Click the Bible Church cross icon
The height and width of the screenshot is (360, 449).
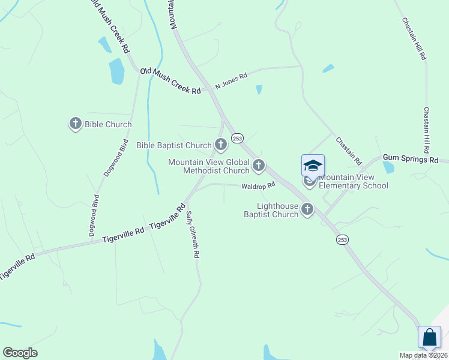coord(76,124)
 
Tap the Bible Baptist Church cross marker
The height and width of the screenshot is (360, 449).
coord(221,145)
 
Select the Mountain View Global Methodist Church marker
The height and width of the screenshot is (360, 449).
coord(259,164)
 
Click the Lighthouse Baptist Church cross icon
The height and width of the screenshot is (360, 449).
coord(307,209)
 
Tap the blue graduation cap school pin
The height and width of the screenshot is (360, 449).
coord(313,166)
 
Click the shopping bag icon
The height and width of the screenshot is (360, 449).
coord(430,337)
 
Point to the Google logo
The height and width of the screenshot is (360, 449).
coord(20,353)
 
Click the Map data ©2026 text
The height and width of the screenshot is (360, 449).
coord(423,355)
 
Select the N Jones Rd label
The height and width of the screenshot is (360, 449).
coord(232,82)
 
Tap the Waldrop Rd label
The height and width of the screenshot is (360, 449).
coord(258,185)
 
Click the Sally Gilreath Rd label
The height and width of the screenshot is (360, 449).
coord(191,234)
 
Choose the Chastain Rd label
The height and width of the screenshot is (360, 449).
coord(349,151)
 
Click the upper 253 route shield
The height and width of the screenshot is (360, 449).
coord(237,138)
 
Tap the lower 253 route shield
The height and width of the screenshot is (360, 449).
coord(342,239)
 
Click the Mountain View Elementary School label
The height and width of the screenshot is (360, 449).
coord(354,181)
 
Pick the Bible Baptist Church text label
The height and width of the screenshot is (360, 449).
coord(174,145)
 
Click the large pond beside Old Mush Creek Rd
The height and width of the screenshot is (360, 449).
coord(116,71)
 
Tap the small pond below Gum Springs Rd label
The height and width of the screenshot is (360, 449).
coord(388,167)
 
